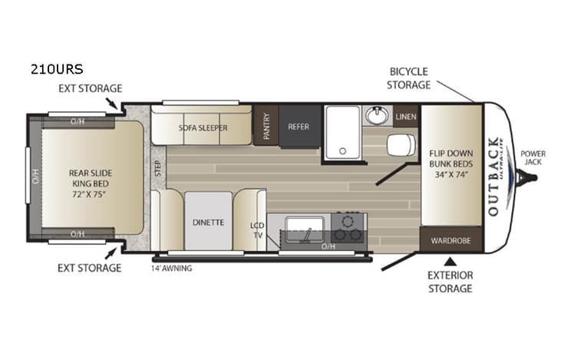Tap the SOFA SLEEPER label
[203, 128]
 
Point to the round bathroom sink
[375, 116]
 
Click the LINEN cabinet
[406, 116]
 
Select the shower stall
[342, 132]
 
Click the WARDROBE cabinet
[450, 239]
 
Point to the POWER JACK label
[533, 157]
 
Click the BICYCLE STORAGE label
[408, 78]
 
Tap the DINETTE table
[207, 223]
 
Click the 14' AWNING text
[171, 268]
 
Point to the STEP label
[157, 168]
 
